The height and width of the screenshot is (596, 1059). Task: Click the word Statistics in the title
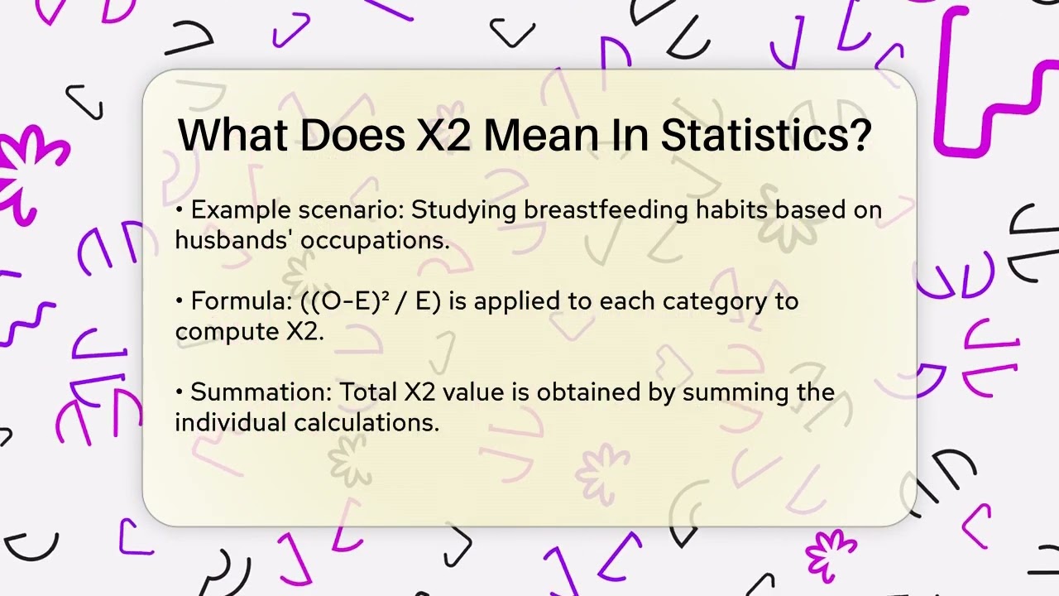pos(766,136)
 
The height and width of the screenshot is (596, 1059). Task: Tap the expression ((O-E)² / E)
pos(371,301)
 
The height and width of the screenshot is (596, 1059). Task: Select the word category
pos(702,302)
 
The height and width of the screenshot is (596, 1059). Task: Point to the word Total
pos(369,392)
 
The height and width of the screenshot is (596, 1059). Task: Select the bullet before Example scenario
pos(180,211)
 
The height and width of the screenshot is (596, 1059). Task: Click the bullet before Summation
pos(180,393)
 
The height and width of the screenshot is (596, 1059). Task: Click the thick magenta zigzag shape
pos(989,83)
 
